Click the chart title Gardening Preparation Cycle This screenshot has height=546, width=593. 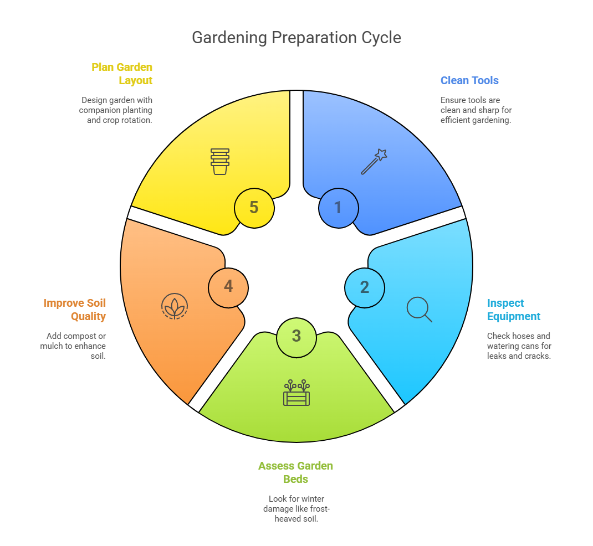coord(296,38)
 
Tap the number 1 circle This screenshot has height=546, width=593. coord(338,208)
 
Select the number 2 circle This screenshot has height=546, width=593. coord(364,287)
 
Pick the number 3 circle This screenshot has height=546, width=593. coord(296,336)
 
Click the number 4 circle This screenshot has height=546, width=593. coord(228,287)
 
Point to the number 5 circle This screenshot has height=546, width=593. coord(254,208)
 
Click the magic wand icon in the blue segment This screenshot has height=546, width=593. coord(374,162)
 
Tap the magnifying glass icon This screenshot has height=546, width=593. coord(419,310)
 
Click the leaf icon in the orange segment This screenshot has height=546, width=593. coord(175,306)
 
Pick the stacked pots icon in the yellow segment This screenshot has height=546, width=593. coord(220,161)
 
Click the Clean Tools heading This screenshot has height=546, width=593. coord(469,80)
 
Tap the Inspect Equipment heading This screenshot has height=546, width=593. coord(514,310)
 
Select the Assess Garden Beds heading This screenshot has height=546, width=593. coord(296,472)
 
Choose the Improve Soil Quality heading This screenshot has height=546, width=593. coord(75,310)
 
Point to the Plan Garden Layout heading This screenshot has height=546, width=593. coord(122,74)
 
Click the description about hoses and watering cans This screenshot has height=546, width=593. coord(519,346)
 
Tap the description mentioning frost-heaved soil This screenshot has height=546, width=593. coord(296,509)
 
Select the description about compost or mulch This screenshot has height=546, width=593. coord(73,346)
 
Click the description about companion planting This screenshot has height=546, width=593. coord(116,110)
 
